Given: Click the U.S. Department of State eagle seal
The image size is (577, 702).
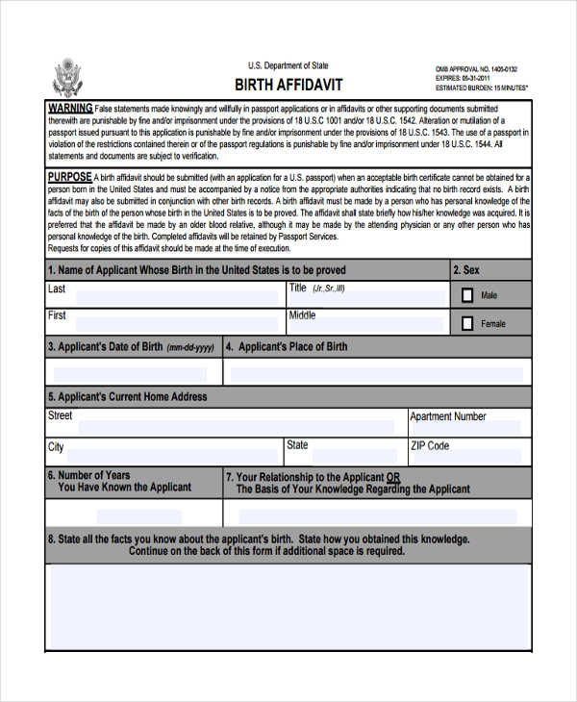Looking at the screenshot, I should click(x=67, y=76).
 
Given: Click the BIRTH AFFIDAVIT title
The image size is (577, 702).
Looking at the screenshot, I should click(x=288, y=85).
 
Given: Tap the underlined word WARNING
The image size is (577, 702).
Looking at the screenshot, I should click(x=70, y=108).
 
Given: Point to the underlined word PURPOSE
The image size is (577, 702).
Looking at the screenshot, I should click(x=70, y=177).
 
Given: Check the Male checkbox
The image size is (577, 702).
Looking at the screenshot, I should click(x=467, y=295).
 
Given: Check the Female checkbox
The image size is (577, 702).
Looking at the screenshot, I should click(x=467, y=323).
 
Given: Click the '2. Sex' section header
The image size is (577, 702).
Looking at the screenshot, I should click(x=466, y=270).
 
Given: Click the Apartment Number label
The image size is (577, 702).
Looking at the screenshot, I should click(x=448, y=417).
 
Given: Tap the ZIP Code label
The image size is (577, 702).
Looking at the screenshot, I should click(x=430, y=446).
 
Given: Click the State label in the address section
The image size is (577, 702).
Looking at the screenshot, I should click(x=297, y=445).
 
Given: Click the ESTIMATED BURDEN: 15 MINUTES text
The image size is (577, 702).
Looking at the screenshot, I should click(x=482, y=88).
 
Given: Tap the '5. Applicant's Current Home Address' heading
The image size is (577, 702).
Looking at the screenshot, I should click(x=127, y=396).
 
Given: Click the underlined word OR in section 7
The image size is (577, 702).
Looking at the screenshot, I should click(x=393, y=477).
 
